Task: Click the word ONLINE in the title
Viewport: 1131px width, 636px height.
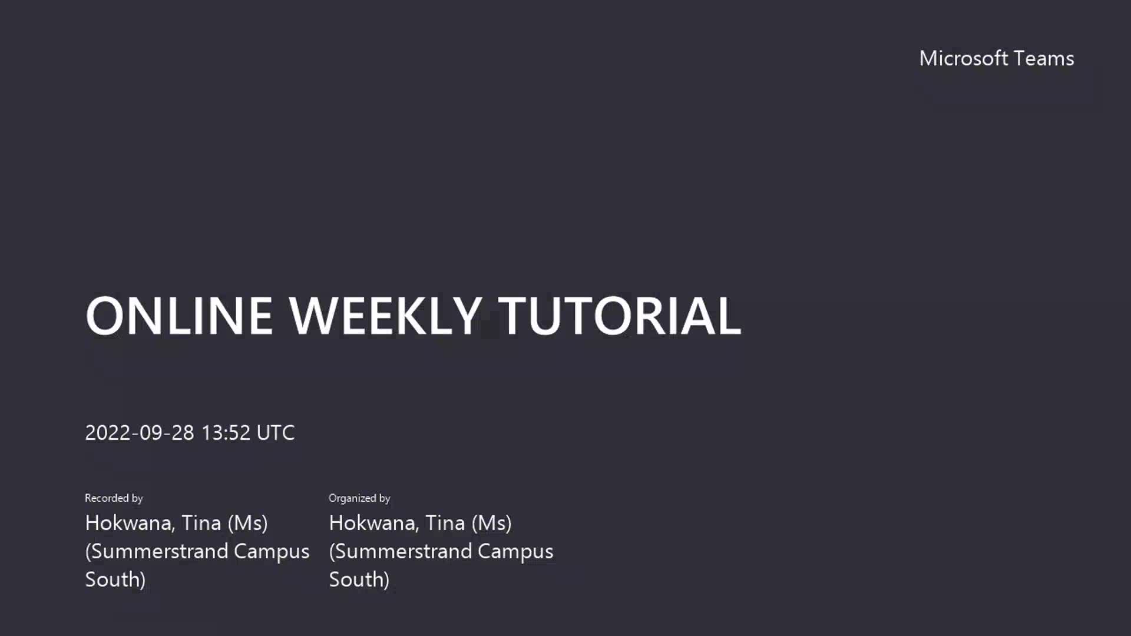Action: pos(179,316)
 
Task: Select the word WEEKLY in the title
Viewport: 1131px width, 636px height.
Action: pos(385,316)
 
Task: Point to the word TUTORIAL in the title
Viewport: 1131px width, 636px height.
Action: pos(620,316)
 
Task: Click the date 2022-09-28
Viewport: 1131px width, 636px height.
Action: pos(140,433)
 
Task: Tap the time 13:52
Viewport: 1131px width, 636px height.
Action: pos(226,433)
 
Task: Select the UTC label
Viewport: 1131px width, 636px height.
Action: pos(276,433)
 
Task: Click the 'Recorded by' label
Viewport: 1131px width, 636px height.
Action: pos(114,498)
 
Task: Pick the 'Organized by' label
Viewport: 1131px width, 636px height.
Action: pos(359,498)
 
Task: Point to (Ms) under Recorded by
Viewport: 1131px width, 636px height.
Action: pos(248,523)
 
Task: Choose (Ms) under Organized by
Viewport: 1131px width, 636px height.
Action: pos(492,523)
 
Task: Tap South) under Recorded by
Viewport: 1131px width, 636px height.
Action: pos(115,579)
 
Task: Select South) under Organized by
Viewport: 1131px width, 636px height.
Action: pos(359,579)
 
